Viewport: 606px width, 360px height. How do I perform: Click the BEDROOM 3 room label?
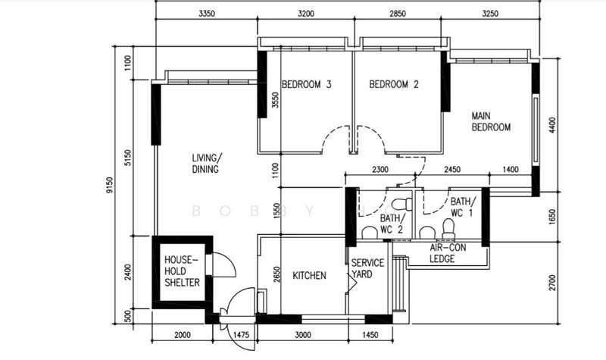coord(307,84)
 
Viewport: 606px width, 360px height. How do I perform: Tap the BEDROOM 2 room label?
coord(394,84)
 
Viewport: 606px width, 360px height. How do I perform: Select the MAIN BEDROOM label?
coord(491,121)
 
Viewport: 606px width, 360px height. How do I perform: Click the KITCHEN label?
coord(309,275)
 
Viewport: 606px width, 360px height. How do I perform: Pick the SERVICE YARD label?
coord(367,269)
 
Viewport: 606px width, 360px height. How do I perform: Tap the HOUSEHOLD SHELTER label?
coord(182,271)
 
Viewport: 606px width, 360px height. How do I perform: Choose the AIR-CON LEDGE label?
coord(448,253)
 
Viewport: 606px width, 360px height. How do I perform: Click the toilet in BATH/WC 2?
coord(402,204)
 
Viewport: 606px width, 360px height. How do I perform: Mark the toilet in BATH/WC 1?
coord(448,229)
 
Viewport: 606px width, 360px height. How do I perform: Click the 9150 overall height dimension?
coord(110,185)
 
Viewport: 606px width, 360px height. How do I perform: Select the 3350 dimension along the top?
coord(207,14)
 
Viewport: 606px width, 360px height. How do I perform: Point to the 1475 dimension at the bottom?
coord(242,335)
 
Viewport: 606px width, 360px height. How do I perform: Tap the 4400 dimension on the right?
coord(553,125)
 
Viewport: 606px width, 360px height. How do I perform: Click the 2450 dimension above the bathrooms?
coord(452,169)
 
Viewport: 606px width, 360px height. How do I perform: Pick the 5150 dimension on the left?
coord(128,158)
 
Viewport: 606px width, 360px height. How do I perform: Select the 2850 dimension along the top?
coord(398,14)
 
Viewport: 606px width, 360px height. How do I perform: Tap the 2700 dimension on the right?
coord(552,283)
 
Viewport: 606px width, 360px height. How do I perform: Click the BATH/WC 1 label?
coord(463,207)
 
